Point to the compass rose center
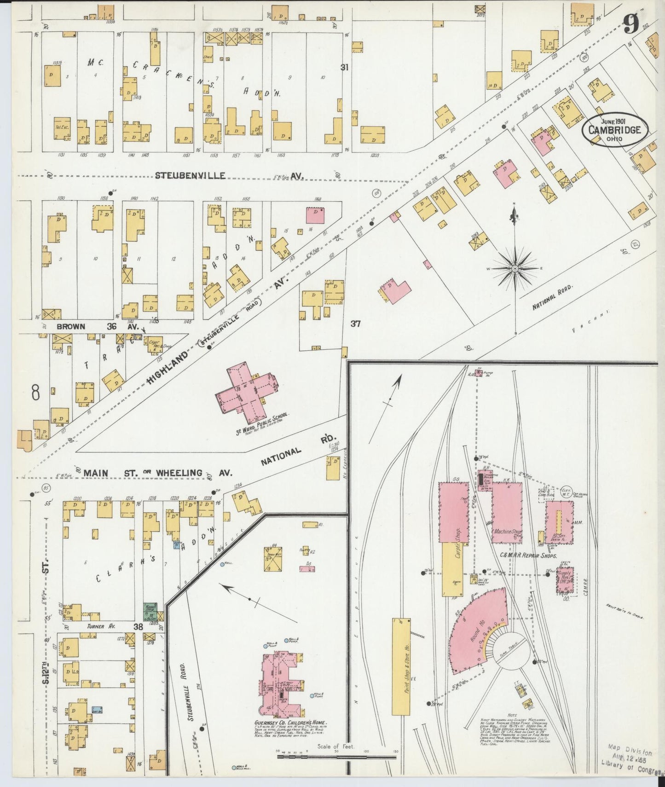point(515,268)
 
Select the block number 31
point(344,67)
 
